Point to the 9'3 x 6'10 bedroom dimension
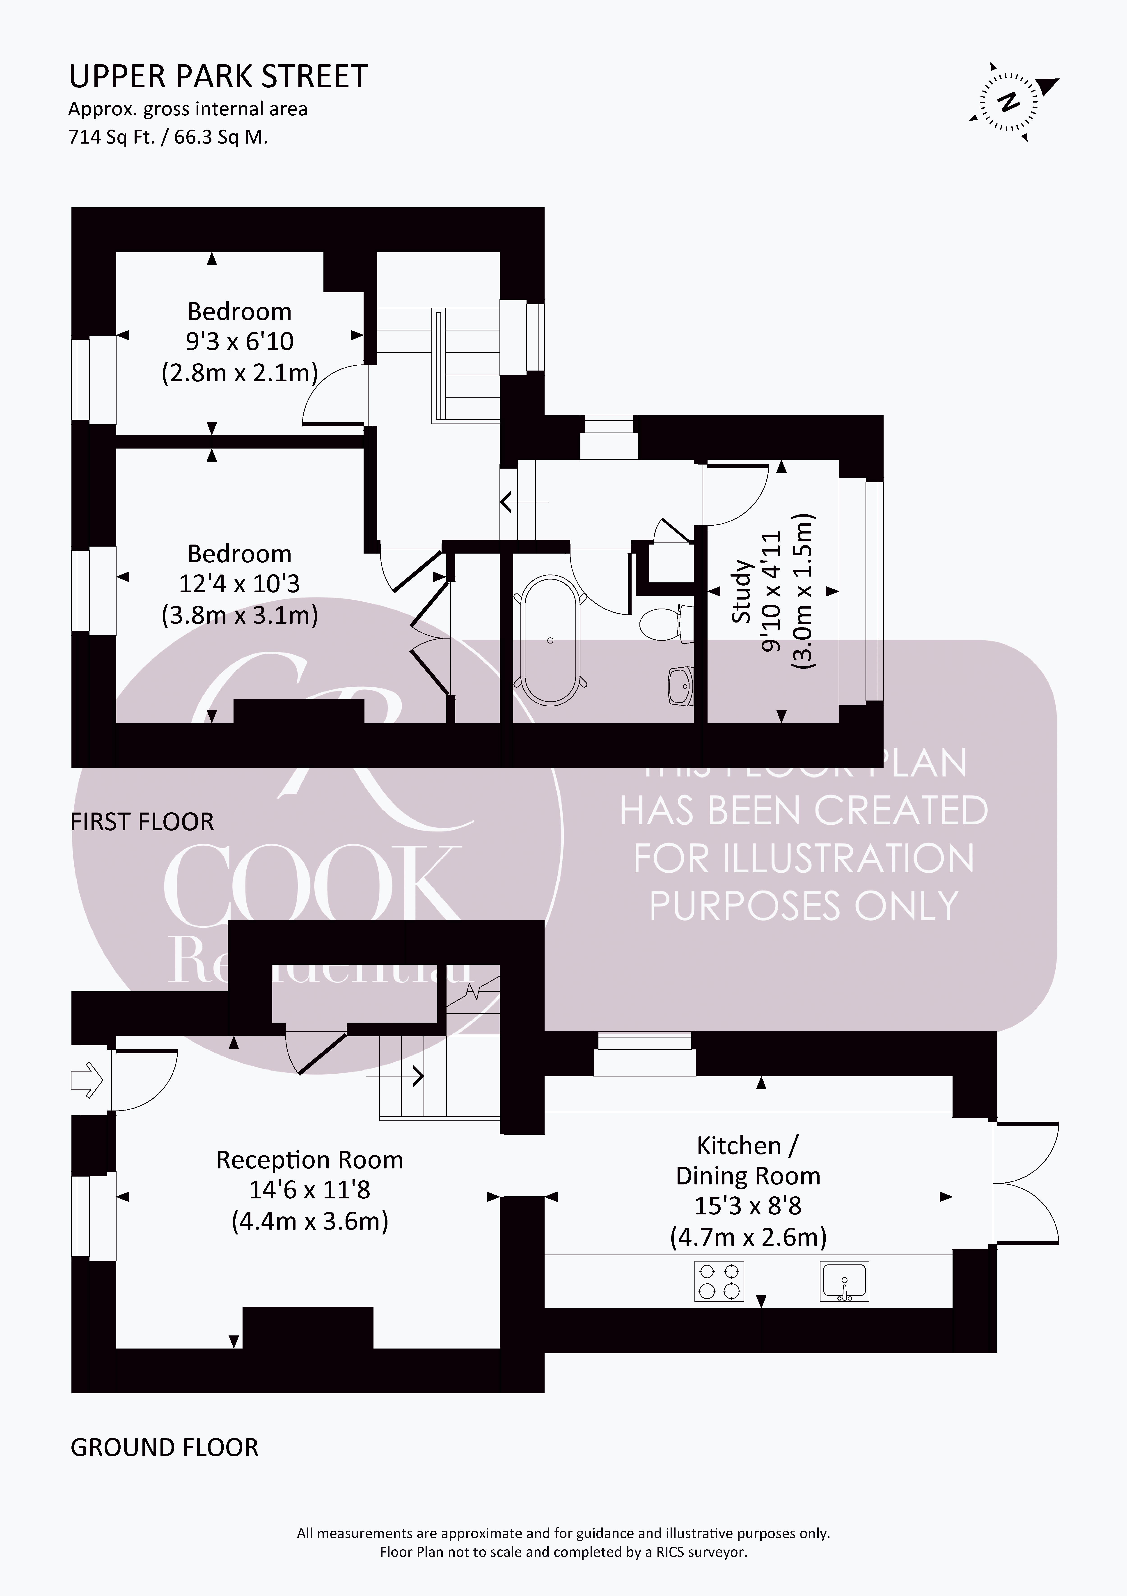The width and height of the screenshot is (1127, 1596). pyautogui.click(x=239, y=341)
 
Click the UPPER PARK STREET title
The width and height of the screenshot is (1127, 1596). pyautogui.click(x=218, y=76)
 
